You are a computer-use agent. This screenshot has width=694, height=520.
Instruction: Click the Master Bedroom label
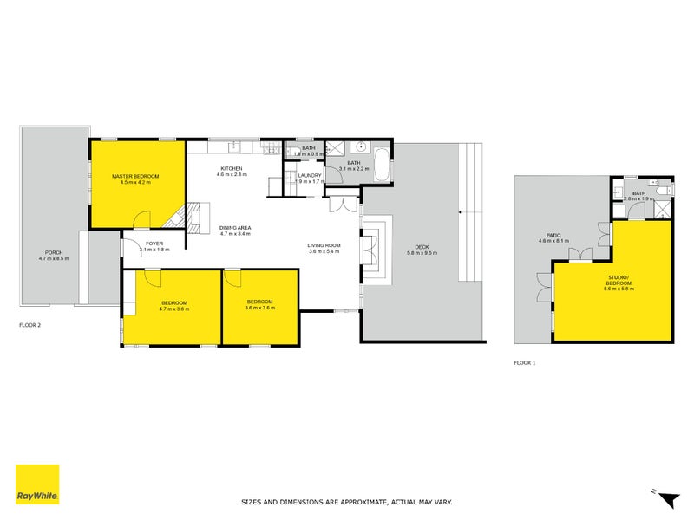click(x=135, y=176)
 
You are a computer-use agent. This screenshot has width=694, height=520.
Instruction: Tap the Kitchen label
click(x=231, y=168)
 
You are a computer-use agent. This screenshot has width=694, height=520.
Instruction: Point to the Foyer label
click(x=154, y=244)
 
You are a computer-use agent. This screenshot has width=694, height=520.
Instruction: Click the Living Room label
click(x=324, y=245)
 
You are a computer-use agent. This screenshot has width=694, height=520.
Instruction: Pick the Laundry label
click(x=309, y=176)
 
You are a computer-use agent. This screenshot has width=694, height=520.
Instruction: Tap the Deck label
click(x=422, y=247)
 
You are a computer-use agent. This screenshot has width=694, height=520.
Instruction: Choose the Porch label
click(x=54, y=253)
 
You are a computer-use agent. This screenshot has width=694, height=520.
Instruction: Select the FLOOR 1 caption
click(x=525, y=362)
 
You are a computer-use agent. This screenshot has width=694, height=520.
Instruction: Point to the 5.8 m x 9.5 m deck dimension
click(x=422, y=253)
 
